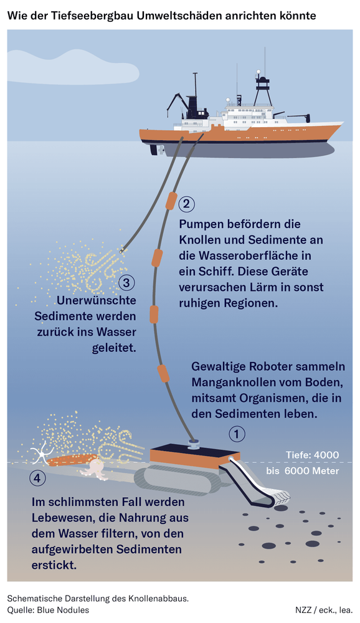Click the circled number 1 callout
click(x=239, y=434)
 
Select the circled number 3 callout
click(x=126, y=283)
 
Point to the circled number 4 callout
click(x=37, y=478)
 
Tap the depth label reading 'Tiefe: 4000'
click(x=312, y=455)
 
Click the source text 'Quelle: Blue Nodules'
click(x=48, y=610)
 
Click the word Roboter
click(x=272, y=366)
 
